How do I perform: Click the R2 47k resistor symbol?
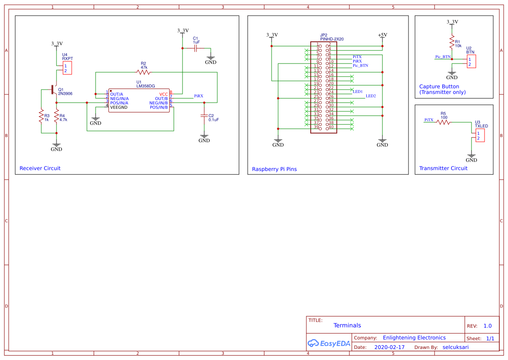tap(143, 72)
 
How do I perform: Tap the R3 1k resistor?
tap(41, 117)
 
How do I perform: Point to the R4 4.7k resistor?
tap(56, 117)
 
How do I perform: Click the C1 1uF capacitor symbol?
tap(196, 48)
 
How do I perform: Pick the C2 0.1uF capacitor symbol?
tap(204, 116)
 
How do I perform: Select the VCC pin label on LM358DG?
tap(163, 94)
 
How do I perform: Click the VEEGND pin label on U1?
tap(119, 107)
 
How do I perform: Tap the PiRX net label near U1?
tap(199, 96)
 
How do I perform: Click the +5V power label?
tap(382, 35)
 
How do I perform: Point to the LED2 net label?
tap(371, 96)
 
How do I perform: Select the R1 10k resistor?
tap(452, 43)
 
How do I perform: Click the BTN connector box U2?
tap(471, 61)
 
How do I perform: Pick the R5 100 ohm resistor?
tap(443, 122)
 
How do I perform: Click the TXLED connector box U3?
tap(479, 135)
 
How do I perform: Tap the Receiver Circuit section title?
tap(40, 168)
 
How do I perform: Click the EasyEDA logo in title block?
tap(329, 343)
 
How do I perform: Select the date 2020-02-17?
tap(389, 347)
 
